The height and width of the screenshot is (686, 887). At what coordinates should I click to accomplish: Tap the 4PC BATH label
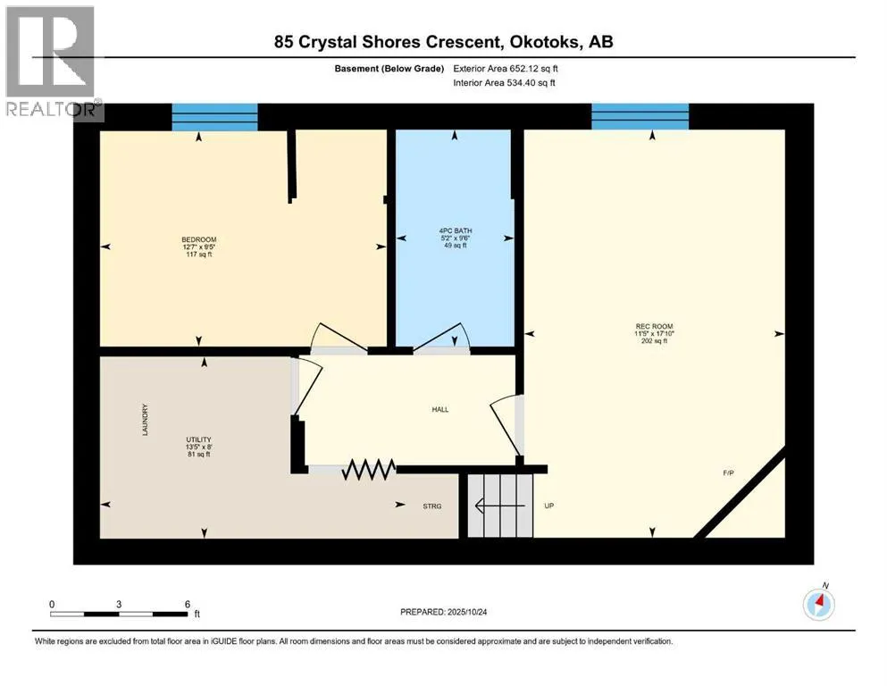click(455, 233)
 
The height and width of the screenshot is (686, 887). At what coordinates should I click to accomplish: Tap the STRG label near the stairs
click(432, 506)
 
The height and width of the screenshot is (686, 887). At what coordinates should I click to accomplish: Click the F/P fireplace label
click(729, 473)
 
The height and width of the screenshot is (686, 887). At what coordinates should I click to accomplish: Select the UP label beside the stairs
click(549, 506)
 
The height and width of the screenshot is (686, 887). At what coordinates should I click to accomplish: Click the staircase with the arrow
click(500, 506)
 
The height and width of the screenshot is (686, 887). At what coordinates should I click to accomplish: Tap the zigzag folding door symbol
click(369, 469)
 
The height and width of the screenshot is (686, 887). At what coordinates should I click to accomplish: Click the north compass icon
click(818, 604)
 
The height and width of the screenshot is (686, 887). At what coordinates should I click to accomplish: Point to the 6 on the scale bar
click(186, 604)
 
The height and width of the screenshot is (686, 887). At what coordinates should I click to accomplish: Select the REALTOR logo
click(52, 62)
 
